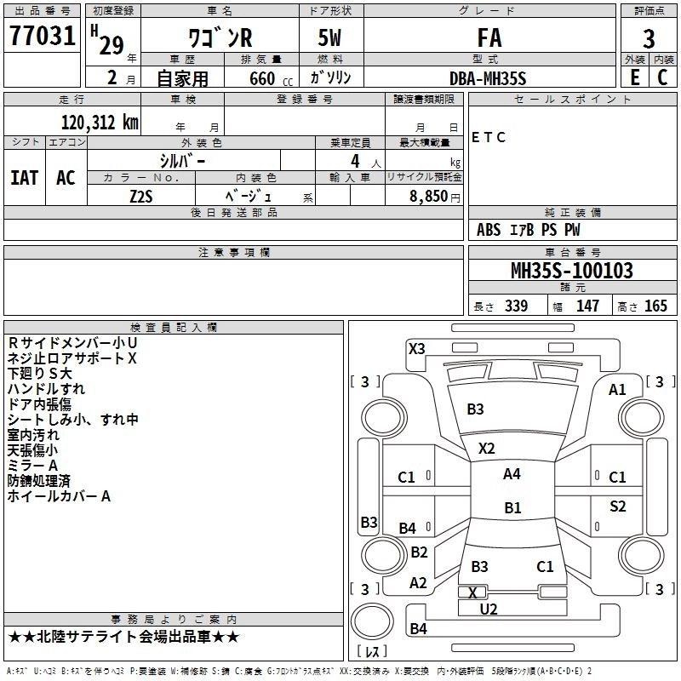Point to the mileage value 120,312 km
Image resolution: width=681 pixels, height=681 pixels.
100,122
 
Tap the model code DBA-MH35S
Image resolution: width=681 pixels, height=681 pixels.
488,77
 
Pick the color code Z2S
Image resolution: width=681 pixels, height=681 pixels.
140,195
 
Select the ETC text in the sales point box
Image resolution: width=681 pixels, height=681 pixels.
489,137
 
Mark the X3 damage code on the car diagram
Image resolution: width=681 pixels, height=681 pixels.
417,348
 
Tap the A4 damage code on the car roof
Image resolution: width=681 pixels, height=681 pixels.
512,474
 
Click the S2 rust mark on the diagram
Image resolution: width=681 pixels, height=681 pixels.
618,506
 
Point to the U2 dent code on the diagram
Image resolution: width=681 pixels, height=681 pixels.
488,609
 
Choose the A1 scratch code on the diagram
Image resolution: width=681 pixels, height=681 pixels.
617,390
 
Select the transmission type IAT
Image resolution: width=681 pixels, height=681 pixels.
24,178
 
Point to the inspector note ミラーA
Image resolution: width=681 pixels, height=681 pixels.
32,466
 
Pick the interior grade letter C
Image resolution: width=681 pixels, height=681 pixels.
661,77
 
